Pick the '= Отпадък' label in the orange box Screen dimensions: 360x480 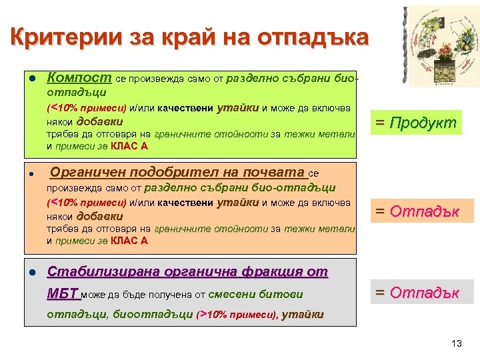(417, 212)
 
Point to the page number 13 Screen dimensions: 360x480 (456, 343)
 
